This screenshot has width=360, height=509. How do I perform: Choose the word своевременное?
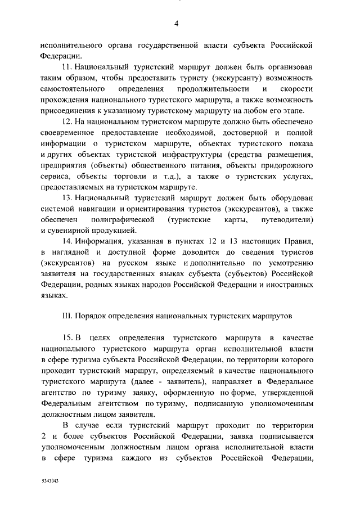point(70,132)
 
